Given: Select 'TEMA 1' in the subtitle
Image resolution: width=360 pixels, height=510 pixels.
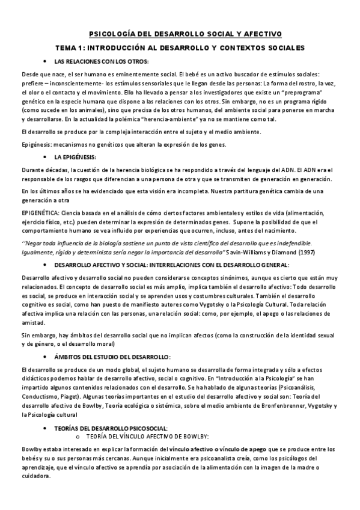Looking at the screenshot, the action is tap(87, 47).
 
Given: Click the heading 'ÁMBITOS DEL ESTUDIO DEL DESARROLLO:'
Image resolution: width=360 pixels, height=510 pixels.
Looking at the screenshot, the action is tap(112, 357).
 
